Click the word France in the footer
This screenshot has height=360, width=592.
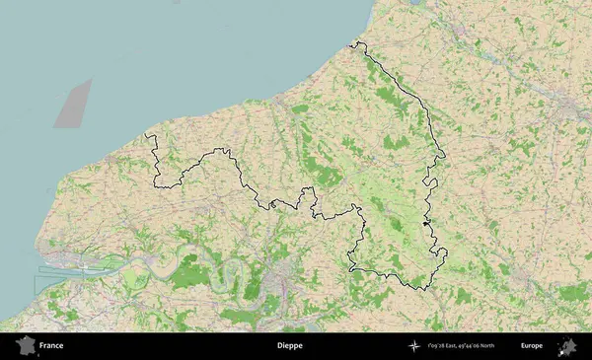tap(51, 346)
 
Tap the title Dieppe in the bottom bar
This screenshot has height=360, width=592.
tap(289, 346)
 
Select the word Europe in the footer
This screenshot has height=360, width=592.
tap(532, 346)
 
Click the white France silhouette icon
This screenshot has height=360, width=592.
tap(25, 345)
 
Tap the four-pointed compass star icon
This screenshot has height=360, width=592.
tap(413, 346)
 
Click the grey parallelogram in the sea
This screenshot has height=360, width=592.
tap(72, 104)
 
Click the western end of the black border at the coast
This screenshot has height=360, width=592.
tap(147, 134)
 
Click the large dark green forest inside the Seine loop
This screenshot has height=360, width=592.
tap(185, 276)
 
